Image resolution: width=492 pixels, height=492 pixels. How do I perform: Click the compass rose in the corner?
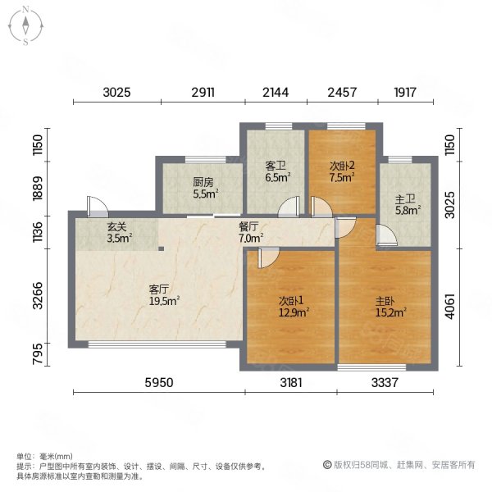click(25, 26)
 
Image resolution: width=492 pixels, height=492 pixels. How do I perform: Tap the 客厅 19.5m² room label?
click(164, 295)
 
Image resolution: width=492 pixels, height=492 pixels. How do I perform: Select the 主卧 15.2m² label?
click(391, 307)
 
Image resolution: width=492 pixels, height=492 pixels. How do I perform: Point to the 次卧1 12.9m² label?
click(294, 307)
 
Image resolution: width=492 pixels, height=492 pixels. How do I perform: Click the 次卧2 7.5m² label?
click(342, 171)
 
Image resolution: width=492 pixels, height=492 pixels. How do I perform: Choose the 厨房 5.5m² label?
click(206, 188)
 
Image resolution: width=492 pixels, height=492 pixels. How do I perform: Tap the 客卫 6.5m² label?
click(278, 171)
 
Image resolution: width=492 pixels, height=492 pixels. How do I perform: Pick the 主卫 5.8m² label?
click(408, 204)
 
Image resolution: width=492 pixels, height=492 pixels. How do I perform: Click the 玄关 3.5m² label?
click(119, 233)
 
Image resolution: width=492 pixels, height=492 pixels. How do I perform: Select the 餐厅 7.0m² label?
click(251, 233)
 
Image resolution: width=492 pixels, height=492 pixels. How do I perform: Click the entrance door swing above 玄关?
click(98, 206)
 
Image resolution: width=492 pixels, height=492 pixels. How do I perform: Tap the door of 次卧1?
click(268, 257)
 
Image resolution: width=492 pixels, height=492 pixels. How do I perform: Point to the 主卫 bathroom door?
click(386, 235)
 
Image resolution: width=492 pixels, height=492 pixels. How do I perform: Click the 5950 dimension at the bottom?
click(159, 382)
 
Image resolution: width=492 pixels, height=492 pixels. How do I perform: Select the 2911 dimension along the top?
click(203, 92)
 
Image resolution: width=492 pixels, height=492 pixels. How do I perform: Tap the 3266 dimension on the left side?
click(38, 295)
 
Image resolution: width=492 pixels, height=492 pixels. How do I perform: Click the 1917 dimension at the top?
click(405, 92)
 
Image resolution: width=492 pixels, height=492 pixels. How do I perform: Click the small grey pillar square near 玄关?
click(161, 248)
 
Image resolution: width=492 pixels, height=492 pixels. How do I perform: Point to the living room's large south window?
click(157, 344)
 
